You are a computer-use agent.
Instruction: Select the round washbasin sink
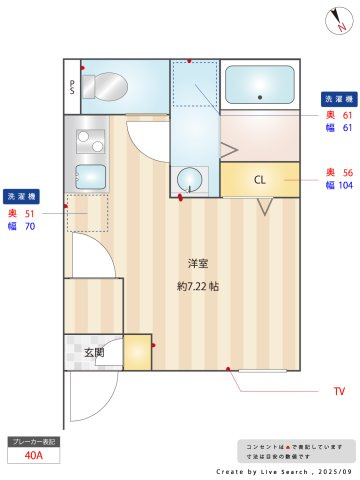point(188,180)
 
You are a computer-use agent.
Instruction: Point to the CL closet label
point(259,180)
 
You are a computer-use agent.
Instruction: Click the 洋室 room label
point(198,264)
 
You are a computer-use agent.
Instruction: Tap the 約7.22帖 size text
point(198,286)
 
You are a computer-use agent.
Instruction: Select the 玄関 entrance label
point(94,352)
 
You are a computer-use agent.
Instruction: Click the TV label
point(339,390)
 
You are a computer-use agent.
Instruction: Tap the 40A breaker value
point(34,455)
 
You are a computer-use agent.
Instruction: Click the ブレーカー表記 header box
point(34,440)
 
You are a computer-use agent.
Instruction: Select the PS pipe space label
point(73,87)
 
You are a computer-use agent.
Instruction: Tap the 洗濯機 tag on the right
point(336,99)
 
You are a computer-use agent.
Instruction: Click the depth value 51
point(30,213)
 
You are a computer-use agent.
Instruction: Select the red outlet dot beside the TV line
point(229,370)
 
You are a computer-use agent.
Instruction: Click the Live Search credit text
point(284,469)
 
